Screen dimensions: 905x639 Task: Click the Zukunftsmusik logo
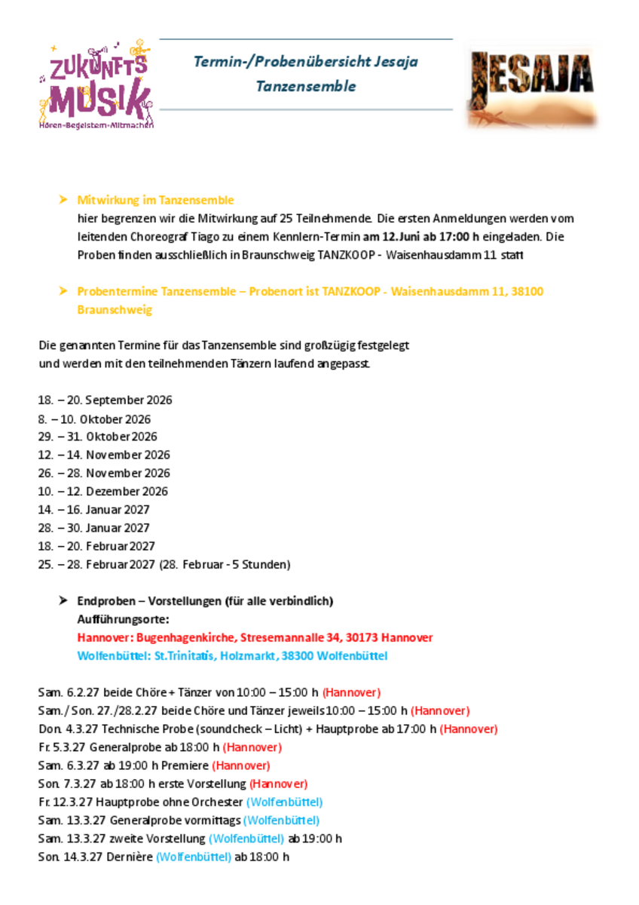[x=96, y=84]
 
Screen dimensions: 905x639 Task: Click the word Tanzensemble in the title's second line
[x=305, y=86]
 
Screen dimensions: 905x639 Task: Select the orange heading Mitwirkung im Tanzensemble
[x=155, y=200]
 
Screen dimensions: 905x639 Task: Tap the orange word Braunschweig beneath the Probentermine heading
[x=114, y=309]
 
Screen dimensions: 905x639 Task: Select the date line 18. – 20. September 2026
[x=105, y=400]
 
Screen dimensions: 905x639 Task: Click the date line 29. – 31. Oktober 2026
[x=97, y=437]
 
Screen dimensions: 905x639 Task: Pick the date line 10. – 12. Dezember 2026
[x=102, y=491]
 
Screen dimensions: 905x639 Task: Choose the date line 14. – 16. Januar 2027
[x=93, y=509]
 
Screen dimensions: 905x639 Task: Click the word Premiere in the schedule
[x=185, y=765]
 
